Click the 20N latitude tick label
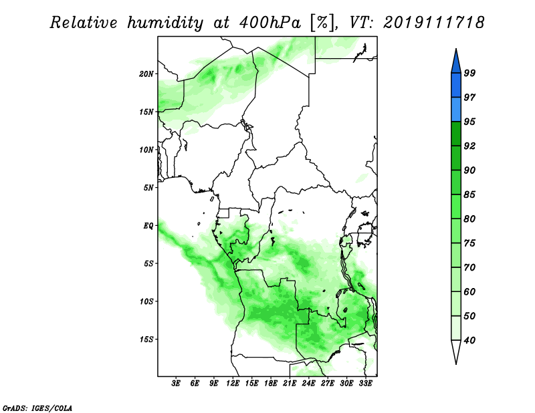pos(146,74)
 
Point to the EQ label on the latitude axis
pos(148,226)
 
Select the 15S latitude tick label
pos(146,339)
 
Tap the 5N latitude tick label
pos(148,188)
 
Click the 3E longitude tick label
pos(176,384)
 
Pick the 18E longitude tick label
pos(271,384)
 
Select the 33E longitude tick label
pos(365,384)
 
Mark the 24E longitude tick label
pos(308,384)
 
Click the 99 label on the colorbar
pos(469,73)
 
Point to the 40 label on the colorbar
pos(469,340)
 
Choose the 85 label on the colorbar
pos(469,194)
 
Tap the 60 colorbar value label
pos(469,291)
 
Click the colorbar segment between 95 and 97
pos(456,110)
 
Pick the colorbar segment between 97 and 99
pos(456,86)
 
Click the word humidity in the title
pos(165,23)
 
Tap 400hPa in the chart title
pos(270,23)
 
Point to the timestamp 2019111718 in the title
pos(433,23)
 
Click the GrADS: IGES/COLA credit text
pos(37,408)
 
